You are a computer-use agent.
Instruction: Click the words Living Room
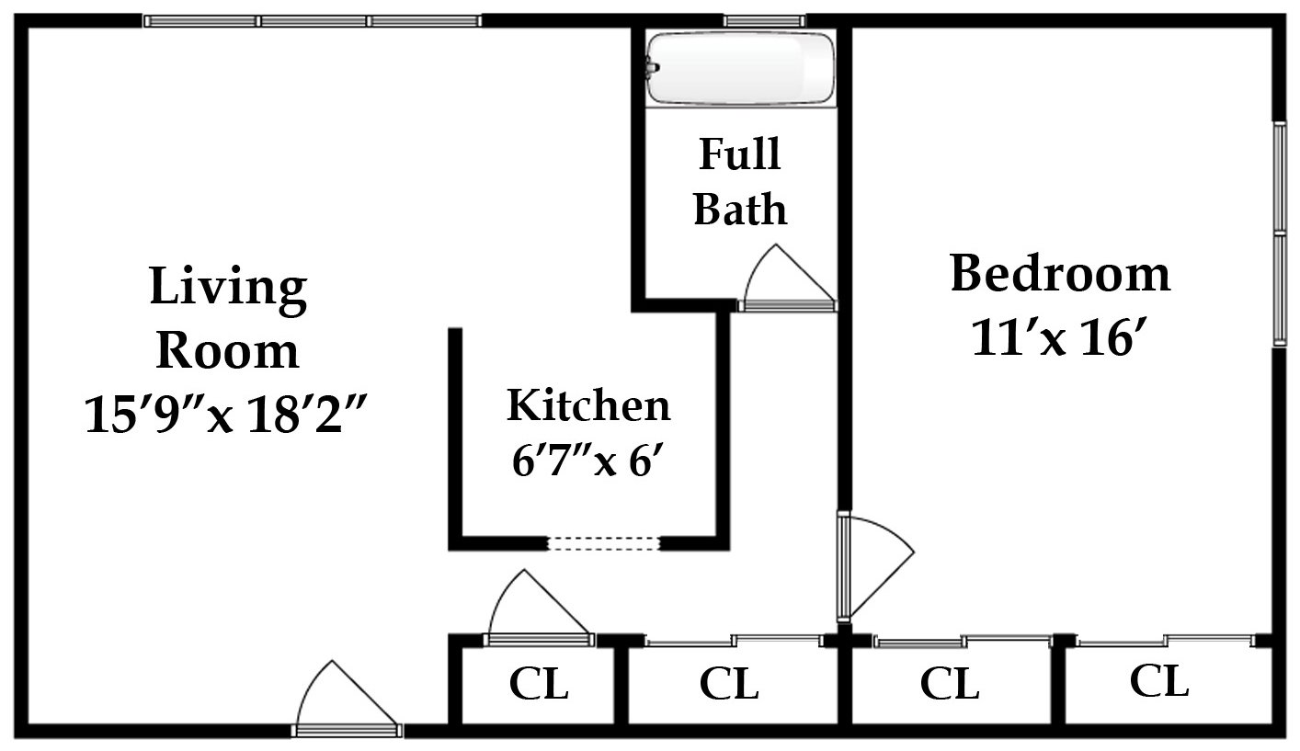click(227, 318)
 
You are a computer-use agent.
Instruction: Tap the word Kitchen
click(588, 405)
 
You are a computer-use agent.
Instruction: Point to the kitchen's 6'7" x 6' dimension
click(588, 460)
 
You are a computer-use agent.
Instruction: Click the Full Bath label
click(740, 181)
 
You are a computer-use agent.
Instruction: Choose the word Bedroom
click(1060, 274)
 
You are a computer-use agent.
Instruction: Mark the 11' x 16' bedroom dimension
click(1060, 341)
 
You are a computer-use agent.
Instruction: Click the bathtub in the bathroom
click(740, 69)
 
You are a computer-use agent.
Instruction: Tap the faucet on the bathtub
click(653, 67)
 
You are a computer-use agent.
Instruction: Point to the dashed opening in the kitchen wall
click(604, 543)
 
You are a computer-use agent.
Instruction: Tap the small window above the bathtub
click(764, 20)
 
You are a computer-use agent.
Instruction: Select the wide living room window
click(313, 20)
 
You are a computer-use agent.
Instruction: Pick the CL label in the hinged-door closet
click(540, 685)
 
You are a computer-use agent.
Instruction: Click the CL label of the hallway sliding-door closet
click(729, 685)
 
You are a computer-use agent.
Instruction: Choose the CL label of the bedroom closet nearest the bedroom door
click(950, 685)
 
